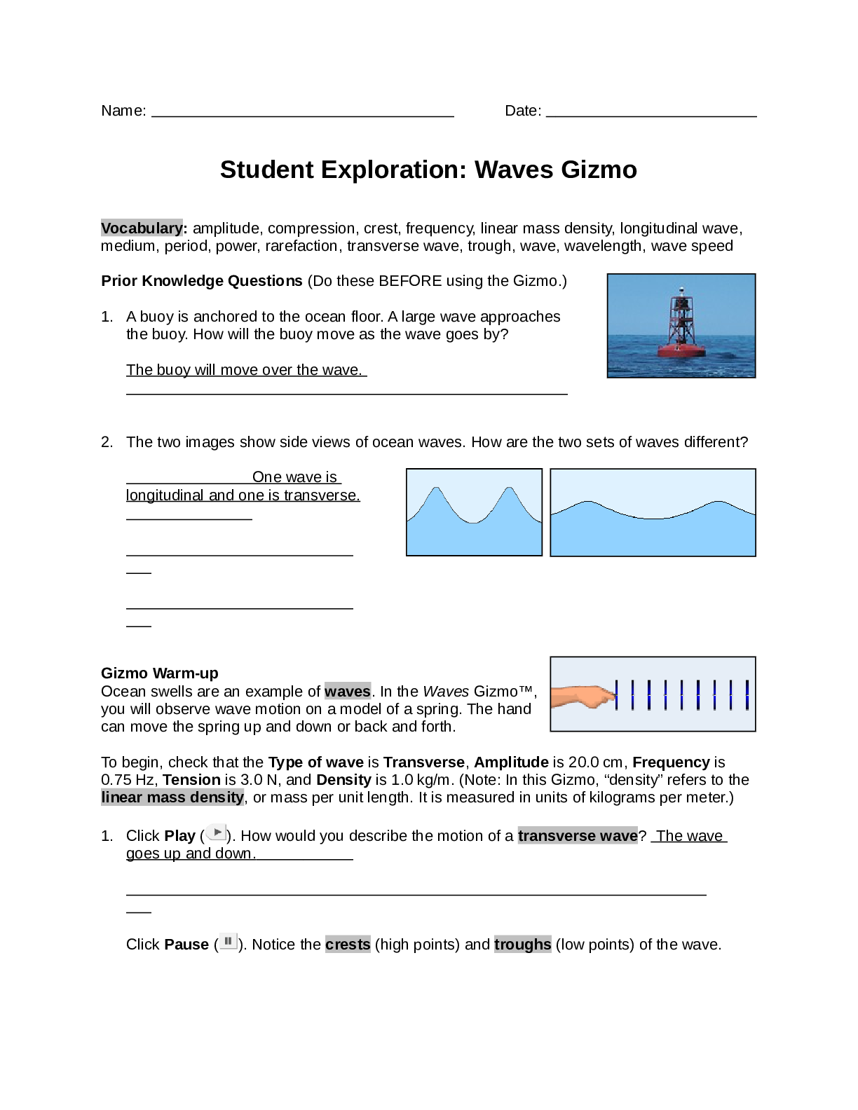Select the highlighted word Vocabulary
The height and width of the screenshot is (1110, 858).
click(142, 228)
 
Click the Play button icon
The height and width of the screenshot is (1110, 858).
click(217, 833)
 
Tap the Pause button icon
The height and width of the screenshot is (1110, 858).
click(228, 942)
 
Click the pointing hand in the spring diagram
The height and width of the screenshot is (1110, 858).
click(583, 696)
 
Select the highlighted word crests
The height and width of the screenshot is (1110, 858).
click(348, 945)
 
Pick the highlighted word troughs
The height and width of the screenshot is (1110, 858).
click(523, 945)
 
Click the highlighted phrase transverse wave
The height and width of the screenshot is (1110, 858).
click(578, 836)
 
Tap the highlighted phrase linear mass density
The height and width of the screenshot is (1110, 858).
click(172, 797)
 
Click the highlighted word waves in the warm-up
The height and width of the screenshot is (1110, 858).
click(347, 692)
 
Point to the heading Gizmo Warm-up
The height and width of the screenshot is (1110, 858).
click(160, 673)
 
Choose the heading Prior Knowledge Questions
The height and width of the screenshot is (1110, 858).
click(202, 281)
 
